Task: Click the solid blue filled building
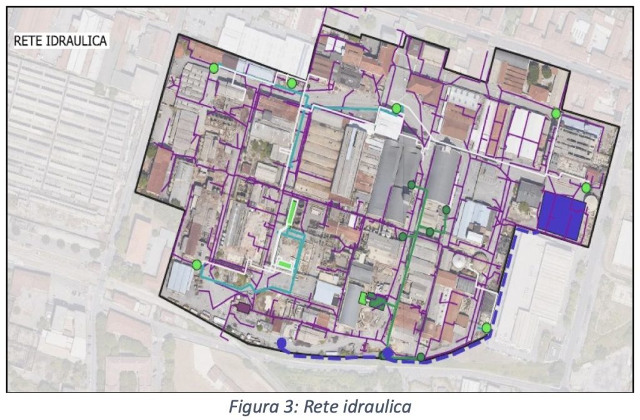[561, 216]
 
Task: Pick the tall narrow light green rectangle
[291, 212]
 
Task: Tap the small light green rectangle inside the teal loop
[285, 264]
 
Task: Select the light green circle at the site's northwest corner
[214, 67]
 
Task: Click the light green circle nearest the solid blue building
[586, 187]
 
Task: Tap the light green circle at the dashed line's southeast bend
[486, 327]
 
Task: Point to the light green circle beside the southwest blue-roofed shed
[197, 264]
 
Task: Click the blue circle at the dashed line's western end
[282, 342]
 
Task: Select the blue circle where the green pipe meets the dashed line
[388, 354]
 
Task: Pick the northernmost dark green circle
[411, 184]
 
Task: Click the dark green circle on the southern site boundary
[421, 357]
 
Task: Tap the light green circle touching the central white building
[396, 109]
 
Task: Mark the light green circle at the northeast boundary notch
[556, 113]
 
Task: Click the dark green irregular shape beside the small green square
[377, 302]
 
